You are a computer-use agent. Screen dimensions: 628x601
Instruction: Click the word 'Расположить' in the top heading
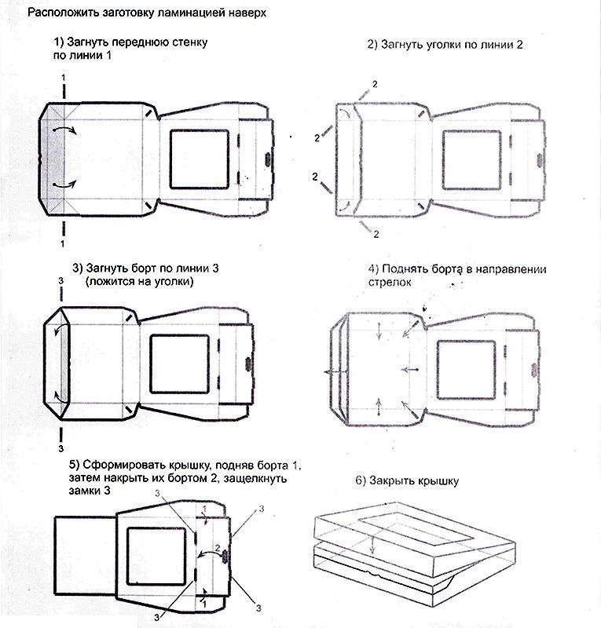pyautogui.click(x=60, y=13)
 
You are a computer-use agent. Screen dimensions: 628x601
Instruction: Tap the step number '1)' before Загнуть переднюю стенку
pyautogui.click(x=60, y=41)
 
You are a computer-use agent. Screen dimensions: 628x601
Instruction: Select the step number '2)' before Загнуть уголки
pyautogui.click(x=374, y=45)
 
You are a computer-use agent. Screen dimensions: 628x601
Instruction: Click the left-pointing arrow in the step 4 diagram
pyautogui.click(x=328, y=370)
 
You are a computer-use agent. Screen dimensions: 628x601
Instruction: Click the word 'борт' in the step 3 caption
pyautogui.click(x=146, y=268)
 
